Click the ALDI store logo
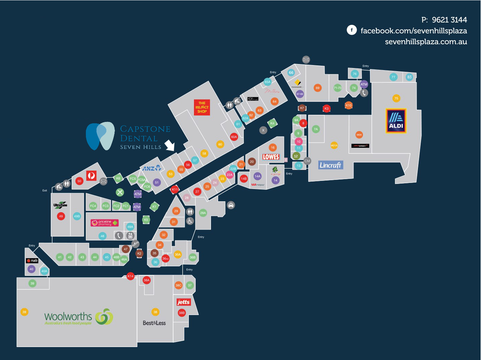point(396,121)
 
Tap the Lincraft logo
point(330,165)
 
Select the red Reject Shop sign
point(202,107)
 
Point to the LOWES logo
point(271,157)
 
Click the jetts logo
point(183,302)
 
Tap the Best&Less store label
point(154,323)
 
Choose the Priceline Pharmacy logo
point(105,223)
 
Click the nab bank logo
point(32,261)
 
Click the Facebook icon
point(351,30)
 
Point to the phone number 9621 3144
point(449,20)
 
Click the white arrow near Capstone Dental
point(170,145)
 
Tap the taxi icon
point(231,205)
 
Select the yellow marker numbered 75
point(396,98)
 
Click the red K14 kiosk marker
point(130,276)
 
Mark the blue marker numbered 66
point(291,73)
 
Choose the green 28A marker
point(203,213)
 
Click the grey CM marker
point(307,161)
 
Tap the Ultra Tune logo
point(60,205)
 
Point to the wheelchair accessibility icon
point(190,221)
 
